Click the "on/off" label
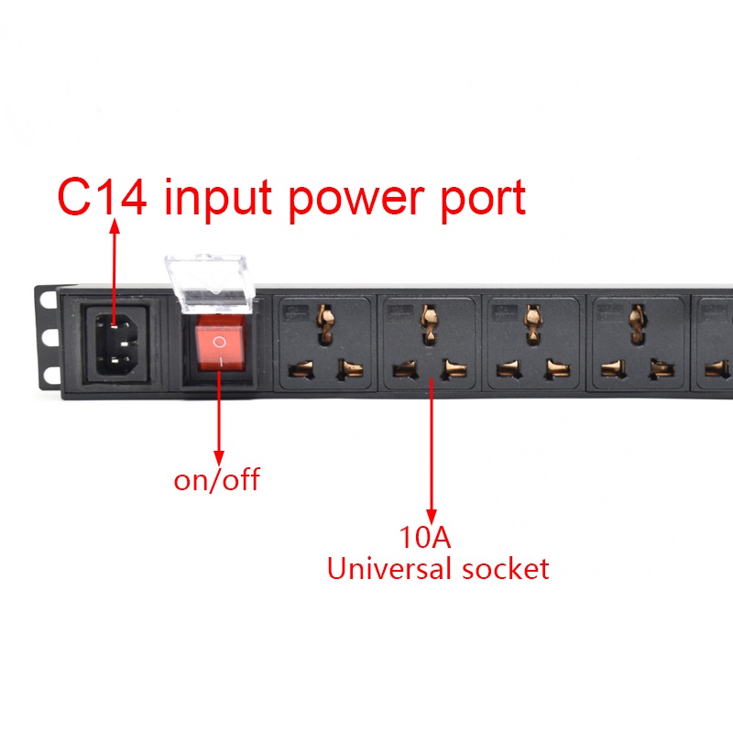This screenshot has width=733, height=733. click(216, 479)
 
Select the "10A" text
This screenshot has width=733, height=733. click(425, 536)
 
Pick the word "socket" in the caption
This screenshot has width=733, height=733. click(504, 569)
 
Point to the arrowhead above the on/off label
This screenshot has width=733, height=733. click(218, 454)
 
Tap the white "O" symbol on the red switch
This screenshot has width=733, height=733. click(219, 340)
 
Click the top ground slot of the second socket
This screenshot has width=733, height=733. click(426, 318)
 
